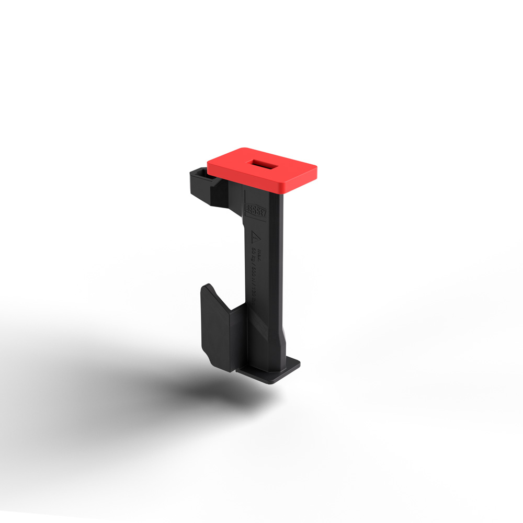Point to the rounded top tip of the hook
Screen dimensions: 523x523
[208, 287]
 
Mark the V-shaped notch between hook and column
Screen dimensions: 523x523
[238, 308]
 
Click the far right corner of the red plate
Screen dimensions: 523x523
[316, 168]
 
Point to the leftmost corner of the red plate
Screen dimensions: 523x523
[208, 162]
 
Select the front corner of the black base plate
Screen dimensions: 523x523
[272, 382]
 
